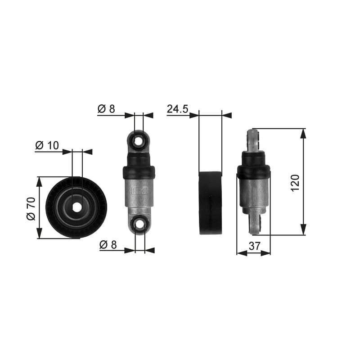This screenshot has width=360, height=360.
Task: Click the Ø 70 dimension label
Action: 31,208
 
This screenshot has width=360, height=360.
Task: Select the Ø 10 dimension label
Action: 47,145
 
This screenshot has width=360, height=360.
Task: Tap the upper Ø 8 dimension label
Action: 106,108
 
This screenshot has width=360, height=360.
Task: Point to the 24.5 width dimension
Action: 177,109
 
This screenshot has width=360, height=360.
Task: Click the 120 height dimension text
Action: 295,183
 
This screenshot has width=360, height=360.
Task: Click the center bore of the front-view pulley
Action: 77,207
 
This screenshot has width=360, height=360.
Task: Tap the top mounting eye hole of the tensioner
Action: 139,141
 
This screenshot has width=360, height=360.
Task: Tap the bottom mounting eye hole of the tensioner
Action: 140,224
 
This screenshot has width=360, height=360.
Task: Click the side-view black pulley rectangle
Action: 211,203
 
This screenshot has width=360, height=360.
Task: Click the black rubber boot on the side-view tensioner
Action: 254,166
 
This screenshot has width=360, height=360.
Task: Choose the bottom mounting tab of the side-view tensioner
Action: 255,224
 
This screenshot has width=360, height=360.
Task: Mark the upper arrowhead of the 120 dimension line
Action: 303,133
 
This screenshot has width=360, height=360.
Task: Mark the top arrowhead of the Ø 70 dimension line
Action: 39,181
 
